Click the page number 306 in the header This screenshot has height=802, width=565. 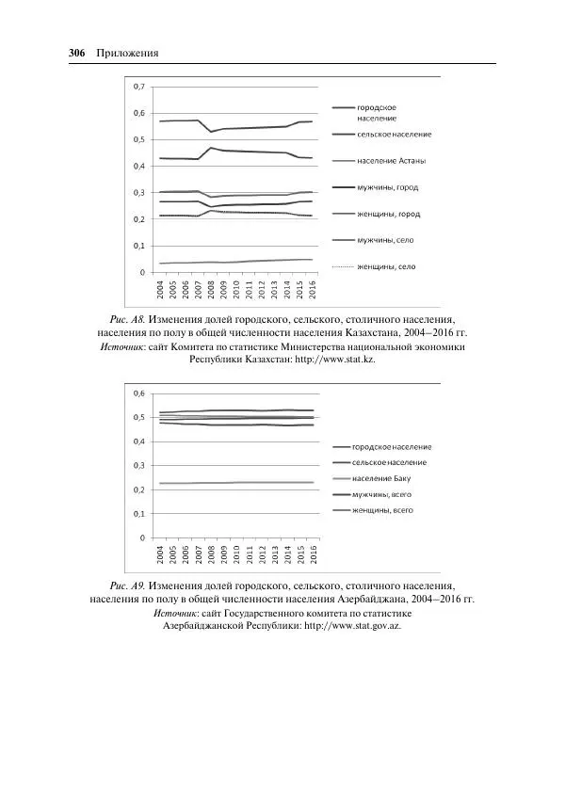pos(78,53)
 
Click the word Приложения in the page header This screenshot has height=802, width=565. pos(127,53)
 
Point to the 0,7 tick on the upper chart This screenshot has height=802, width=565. pos(138,87)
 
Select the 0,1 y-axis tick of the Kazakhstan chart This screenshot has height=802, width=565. pos(138,246)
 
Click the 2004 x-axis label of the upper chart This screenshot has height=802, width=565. pos(161,290)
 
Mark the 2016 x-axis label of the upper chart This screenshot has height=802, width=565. pos(312,290)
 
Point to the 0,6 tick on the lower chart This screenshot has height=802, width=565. pos(138,393)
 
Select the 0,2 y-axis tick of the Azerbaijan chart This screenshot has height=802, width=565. pos(138,489)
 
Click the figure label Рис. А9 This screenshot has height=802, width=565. pos(127,585)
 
